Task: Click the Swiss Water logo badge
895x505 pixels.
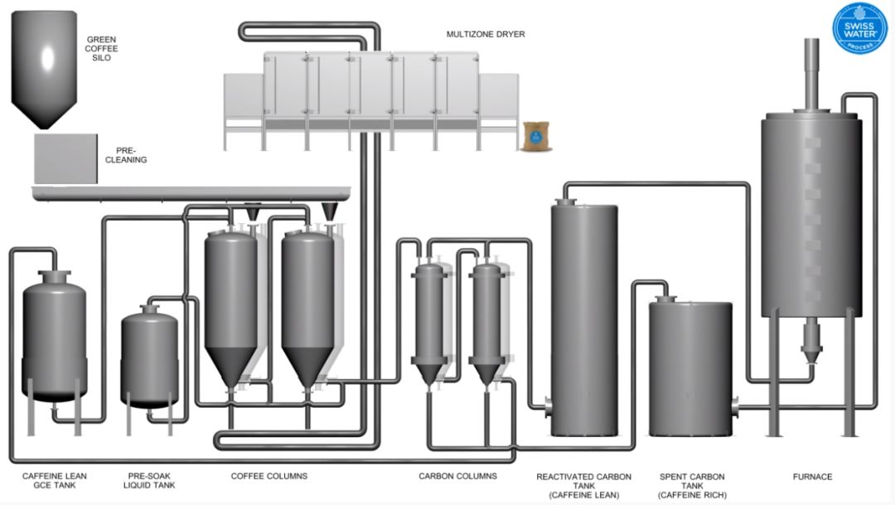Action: click(859, 28)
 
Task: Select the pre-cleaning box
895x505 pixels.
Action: click(67, 158)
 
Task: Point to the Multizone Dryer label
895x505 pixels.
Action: click(486, 34)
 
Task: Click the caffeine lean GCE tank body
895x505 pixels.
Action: click(54, 336)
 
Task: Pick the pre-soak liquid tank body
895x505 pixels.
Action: click(149, 357)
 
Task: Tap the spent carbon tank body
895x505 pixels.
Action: click(689, 369)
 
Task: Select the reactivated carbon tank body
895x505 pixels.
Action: click(584, 319)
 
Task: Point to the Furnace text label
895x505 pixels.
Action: click(812, 477)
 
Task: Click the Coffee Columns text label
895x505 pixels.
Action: click(269, 476)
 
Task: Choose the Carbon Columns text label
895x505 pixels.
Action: click(457, 476)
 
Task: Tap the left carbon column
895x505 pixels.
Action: click(430, 315)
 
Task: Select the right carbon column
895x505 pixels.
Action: click(486, 315)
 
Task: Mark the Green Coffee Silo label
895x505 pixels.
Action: click(103, 48)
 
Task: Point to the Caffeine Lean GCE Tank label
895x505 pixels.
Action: click(55, 481)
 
